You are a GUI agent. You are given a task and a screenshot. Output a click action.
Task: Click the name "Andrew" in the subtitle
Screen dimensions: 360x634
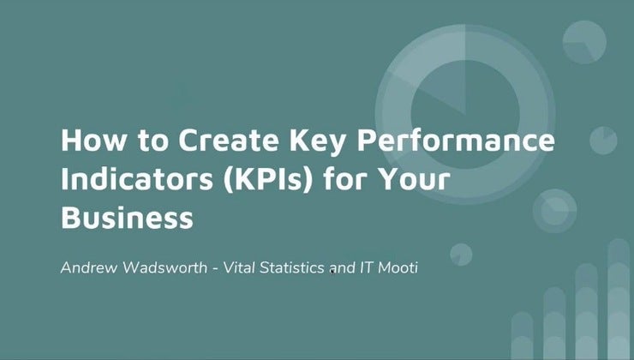(88, 268)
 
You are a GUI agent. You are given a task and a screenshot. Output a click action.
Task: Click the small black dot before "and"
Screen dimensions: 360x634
(332, 272)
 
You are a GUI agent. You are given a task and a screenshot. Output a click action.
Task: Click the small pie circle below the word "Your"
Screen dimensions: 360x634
(461, 255)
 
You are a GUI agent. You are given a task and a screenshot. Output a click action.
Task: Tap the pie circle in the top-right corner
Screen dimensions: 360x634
(584, 39)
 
